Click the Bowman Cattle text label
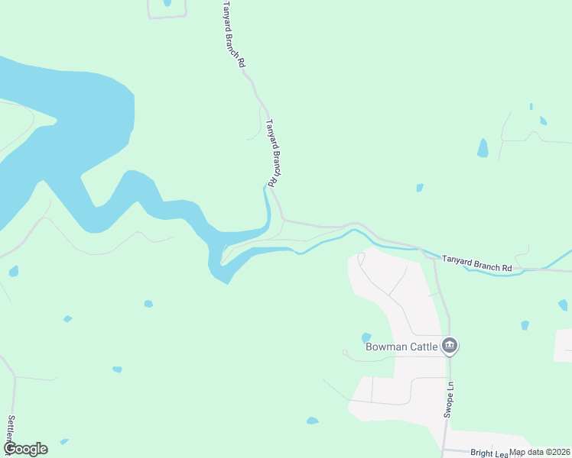(x=401, y=347)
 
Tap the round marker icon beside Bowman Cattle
(x=450, y=347)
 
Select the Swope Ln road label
(x=450, y=398)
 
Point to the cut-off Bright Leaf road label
(x=486, y=453)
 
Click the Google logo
(x=25, y=449)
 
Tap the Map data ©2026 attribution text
(x=540, y=452)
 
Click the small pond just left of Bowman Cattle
(x=366, y=337)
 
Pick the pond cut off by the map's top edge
(x=167, y=2)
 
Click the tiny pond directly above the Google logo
(x=64, y=441)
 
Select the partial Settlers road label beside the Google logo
(x=11, y=431)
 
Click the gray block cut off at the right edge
(x=564, y=345)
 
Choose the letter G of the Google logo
(x=10, y=449)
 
